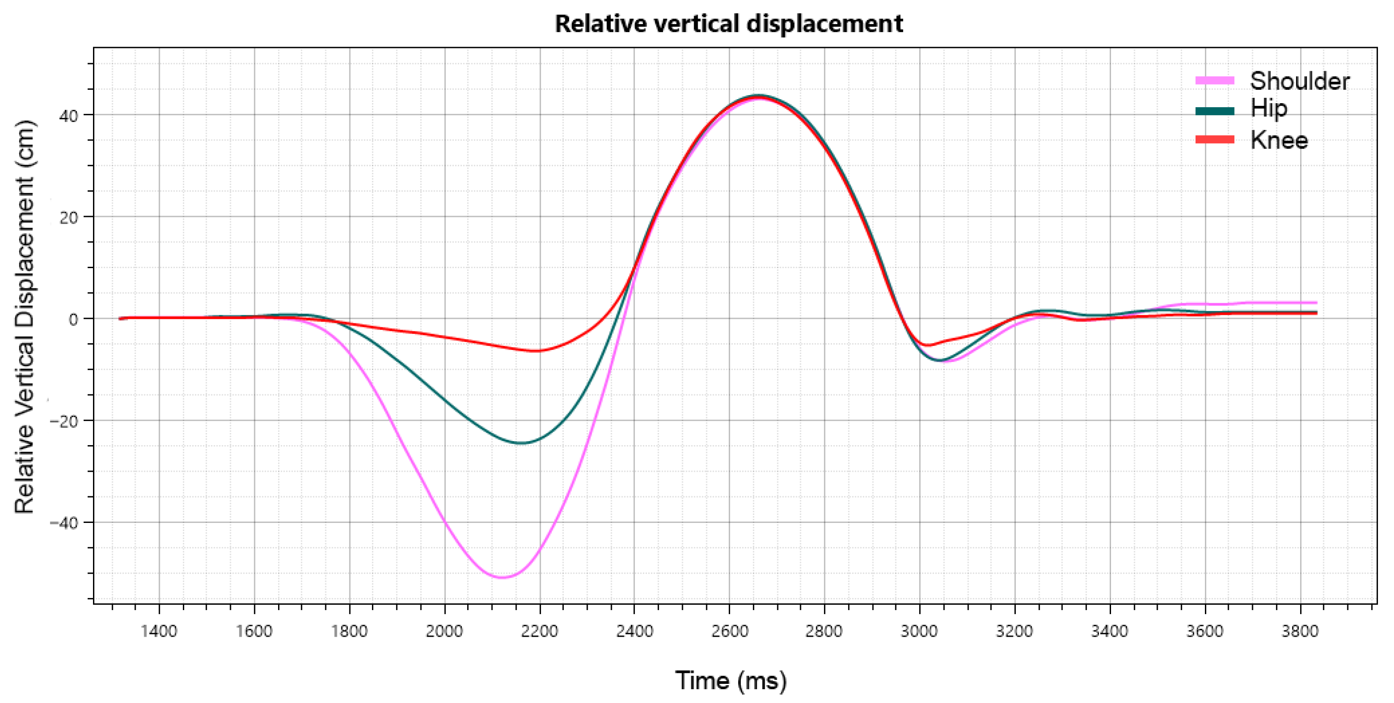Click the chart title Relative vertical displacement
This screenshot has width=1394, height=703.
[x=728, y=24]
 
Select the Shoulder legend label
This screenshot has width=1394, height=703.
[x=1299, y=81]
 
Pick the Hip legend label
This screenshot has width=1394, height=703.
[x=1268, y=108]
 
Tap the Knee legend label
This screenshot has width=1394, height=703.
[x=1279, y=141]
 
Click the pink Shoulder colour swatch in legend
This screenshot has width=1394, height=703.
[x=1214, y=80]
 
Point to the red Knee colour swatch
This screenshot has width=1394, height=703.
[x=1214, y=140]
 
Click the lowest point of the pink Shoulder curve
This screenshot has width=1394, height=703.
[x=502, y=578]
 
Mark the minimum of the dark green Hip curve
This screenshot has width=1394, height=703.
[x=521, y=443]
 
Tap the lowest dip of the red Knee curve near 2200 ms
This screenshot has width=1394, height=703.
[x=536, y=351]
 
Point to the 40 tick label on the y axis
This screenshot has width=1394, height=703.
[x=68, y=116]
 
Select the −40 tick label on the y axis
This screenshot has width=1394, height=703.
[x=64, y=523]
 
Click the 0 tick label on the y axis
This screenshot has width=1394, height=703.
[x=73, y=320]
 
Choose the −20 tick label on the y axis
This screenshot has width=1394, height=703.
[x=64, y=421]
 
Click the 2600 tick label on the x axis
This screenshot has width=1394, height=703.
[x=729, y=631]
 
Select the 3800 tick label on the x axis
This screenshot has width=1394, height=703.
[x=1299, y=631]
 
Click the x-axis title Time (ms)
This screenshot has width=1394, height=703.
[x=731, y=680]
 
